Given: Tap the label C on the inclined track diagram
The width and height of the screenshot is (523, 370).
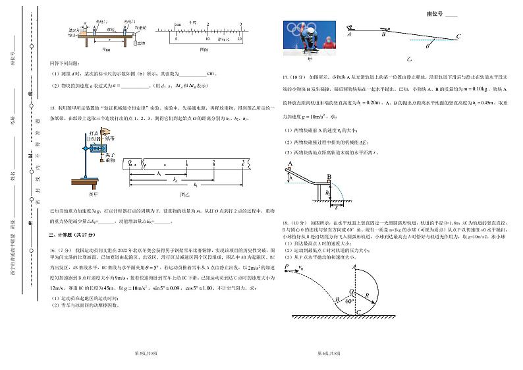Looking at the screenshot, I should pyautogui.click(x=458, y=37).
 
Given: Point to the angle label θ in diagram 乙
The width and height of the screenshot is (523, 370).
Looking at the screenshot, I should pyautogui.click(x=427, y=46).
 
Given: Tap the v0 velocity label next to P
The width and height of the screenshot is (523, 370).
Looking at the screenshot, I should pyautogui.click(x=302, y=268).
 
